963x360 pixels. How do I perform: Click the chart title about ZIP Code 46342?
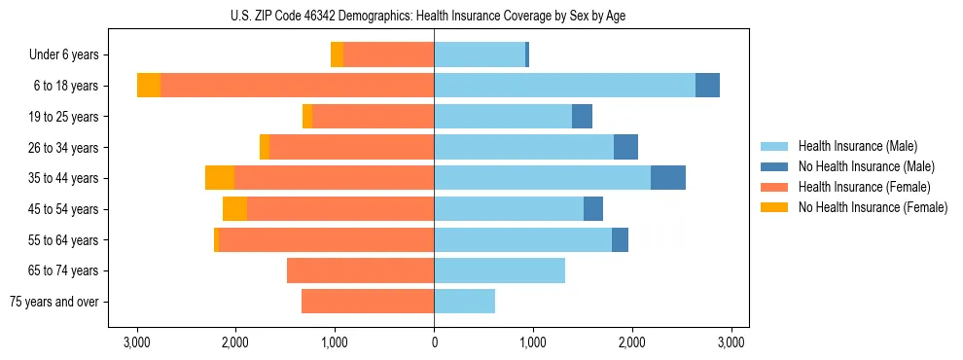pyautogui.click(x=434, y=15)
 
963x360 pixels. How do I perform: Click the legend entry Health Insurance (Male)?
pyautogui.click(x=857, y=146)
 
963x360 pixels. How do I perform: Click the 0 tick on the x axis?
pyautogui.click(x=434, y=342)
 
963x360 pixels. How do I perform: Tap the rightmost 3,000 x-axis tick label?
pyautogui.click(x=731, y=342)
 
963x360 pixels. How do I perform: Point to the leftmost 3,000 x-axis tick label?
pyautogui.click(x=136, y=342)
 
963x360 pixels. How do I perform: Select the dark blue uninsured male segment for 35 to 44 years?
pyautogui.click(x=668, y=178)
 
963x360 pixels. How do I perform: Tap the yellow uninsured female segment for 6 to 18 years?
pyautogui.click(x=149, y=86)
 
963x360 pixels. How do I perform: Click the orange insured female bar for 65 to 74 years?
pyautogui.click(x=360, y=270)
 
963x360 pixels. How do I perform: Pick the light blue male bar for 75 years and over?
pyautogui.click(x=464, y=302)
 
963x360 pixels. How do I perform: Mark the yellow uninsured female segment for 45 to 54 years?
pyautogui.click(x=234, y=209)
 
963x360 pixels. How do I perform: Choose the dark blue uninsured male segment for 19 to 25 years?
pyautogui.click(x=582, y=117)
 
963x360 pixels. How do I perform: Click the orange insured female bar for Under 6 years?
pyautogui.click(x=388, y=55)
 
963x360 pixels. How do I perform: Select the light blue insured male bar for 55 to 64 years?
pyautogui.click(x=522, y=239)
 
